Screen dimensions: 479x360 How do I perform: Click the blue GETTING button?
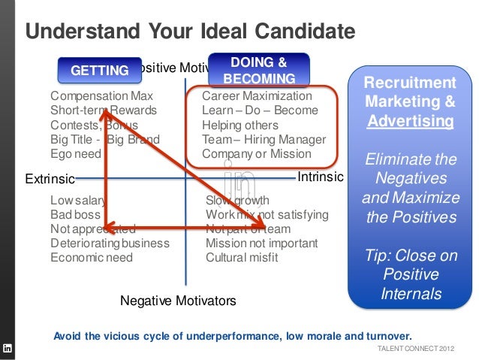coord(99,71)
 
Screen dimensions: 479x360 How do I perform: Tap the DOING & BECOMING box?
coord(258,70)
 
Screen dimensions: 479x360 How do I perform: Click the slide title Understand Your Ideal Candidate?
coord(190,32)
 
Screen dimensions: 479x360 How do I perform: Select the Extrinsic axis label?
coord(50,179)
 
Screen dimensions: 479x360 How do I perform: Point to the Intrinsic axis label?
coord(321,177)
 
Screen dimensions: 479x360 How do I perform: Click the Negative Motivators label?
coord(178,301)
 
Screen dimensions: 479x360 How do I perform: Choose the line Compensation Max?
coord(101,97)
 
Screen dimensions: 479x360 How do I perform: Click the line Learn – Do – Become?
coord(261,111)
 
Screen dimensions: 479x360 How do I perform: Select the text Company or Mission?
coord(256,154)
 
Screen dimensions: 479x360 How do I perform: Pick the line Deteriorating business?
coord(110,244)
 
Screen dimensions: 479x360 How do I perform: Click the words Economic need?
coord(91,258)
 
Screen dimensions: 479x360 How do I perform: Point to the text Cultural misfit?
coord(242,258)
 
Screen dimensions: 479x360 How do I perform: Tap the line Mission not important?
coord(261,244)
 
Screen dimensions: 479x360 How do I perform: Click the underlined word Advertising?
coord(409,120)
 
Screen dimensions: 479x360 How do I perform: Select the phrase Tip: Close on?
coord(409,256)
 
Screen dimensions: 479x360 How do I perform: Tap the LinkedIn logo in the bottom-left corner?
coord(8,348)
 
